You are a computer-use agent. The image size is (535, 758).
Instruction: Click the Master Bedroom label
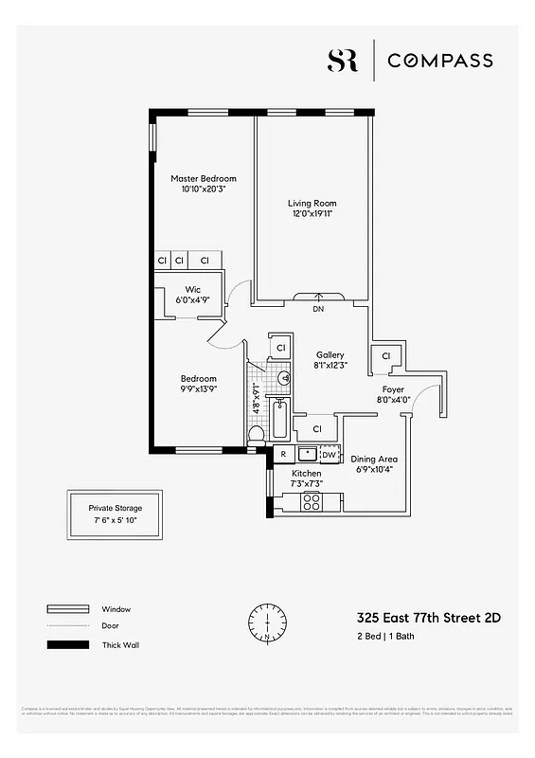204,178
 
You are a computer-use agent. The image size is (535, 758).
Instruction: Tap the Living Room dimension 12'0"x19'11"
312,214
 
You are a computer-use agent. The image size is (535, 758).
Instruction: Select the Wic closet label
192,289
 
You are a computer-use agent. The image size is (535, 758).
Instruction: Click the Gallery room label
330,354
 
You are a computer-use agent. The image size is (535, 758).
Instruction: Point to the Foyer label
393,389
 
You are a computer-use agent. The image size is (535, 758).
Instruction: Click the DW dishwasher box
328,454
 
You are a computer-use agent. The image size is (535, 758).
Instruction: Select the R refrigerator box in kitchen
282,454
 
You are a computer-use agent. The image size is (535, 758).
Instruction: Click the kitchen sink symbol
305,454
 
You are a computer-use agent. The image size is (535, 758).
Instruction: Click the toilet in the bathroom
256,435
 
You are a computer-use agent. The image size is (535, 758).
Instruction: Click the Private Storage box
116,514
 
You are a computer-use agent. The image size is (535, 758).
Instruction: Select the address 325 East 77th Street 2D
428,617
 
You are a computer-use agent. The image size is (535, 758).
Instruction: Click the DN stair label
317,308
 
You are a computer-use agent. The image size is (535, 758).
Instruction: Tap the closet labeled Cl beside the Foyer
385,355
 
